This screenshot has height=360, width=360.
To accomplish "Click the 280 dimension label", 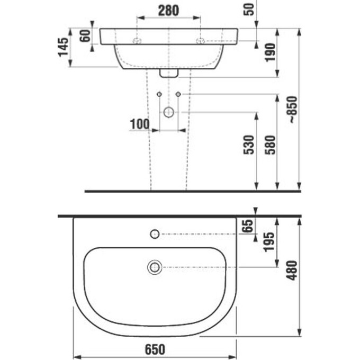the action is click(x=168, y=11).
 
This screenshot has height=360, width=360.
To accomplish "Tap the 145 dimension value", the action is click(x=63, y=47).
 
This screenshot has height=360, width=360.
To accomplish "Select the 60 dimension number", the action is click(x=85, y=36).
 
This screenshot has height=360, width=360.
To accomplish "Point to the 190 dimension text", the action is click(x=270, y=52).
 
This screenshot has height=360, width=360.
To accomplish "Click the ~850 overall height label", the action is click(x=293, y=110).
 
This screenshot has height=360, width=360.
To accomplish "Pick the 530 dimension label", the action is click(x=249, y=145).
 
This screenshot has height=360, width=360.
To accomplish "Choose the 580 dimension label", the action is click(x=270, y=145).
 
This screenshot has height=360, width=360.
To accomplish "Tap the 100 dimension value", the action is click(x=140, y=124).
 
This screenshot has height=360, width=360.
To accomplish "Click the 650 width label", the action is click(x=155, y=349).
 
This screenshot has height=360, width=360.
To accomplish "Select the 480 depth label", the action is click(x=292, y=270).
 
